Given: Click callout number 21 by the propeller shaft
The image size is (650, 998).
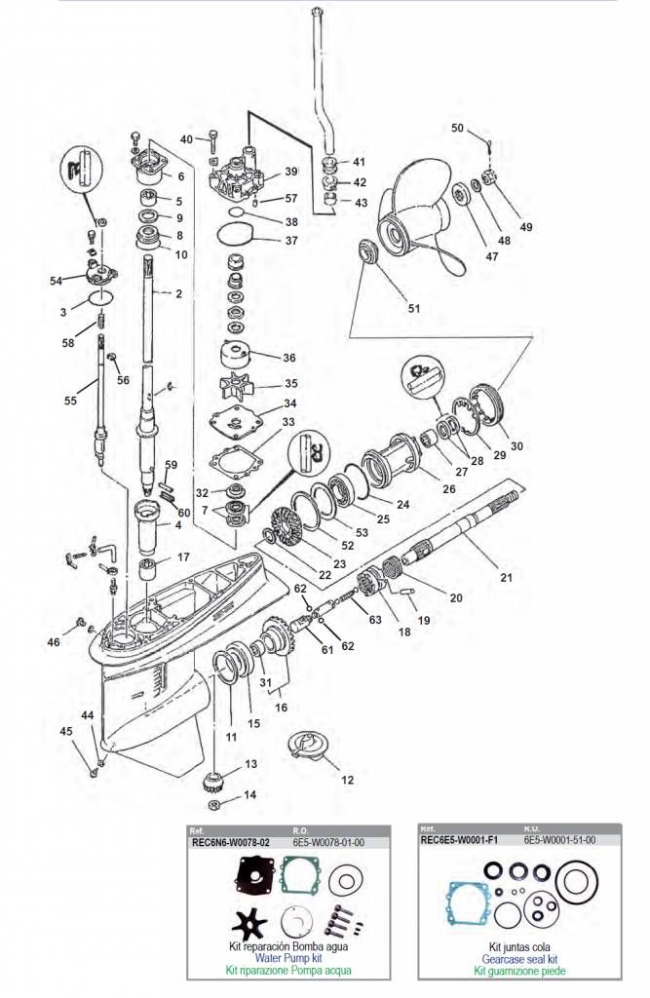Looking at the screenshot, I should coord(506,577).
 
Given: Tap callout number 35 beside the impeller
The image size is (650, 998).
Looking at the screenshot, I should coord(289,384).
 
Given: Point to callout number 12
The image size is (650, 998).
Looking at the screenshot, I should coord(347,780).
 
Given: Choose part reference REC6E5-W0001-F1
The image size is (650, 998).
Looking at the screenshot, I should coord(459,839).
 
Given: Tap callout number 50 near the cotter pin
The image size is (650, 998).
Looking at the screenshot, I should coord(458,129).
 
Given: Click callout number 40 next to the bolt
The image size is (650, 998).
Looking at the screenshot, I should coord(186,138).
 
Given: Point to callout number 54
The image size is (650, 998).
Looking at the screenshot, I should coord(56,281).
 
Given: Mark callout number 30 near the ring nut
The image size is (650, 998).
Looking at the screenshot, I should coord(516,446).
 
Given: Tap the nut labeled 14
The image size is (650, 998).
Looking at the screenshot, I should coord(215,805).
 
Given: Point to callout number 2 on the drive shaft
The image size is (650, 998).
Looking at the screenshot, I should coord(178,293).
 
